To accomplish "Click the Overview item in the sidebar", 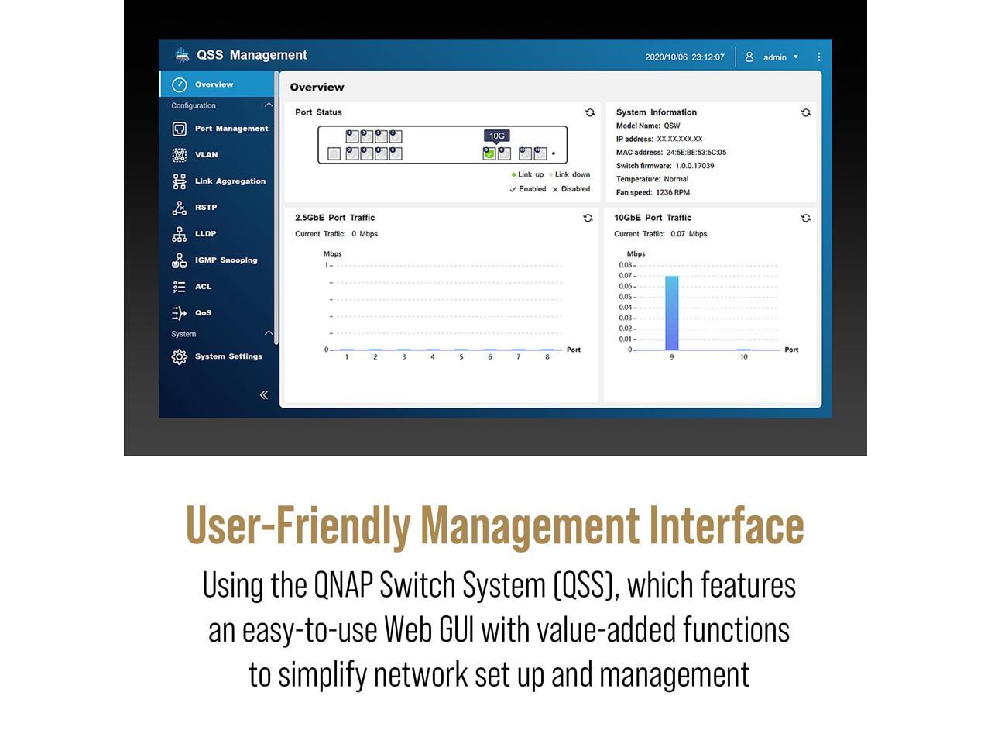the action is pos(213,84).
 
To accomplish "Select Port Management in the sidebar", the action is pos(231,129).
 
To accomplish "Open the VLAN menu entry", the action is pos(206,155).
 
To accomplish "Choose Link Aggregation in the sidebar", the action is pos(229,181).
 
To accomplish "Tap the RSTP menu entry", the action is pos(205,208).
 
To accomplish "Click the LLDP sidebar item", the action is pos(205,234).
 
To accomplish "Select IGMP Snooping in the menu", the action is pos(225,260).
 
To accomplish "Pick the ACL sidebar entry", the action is pos(203,287).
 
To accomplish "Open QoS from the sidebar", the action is pos(203,313).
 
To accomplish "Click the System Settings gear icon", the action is pos(180,356).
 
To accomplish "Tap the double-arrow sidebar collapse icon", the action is pos(264,395).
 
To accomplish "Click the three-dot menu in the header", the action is pos(818,57).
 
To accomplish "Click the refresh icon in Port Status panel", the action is pos(590,112).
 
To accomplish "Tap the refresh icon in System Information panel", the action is pos(805,112).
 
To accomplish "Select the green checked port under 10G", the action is pos(489,153).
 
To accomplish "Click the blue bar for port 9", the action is pos(671,313).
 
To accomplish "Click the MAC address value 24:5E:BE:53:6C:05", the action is pos(696,153).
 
